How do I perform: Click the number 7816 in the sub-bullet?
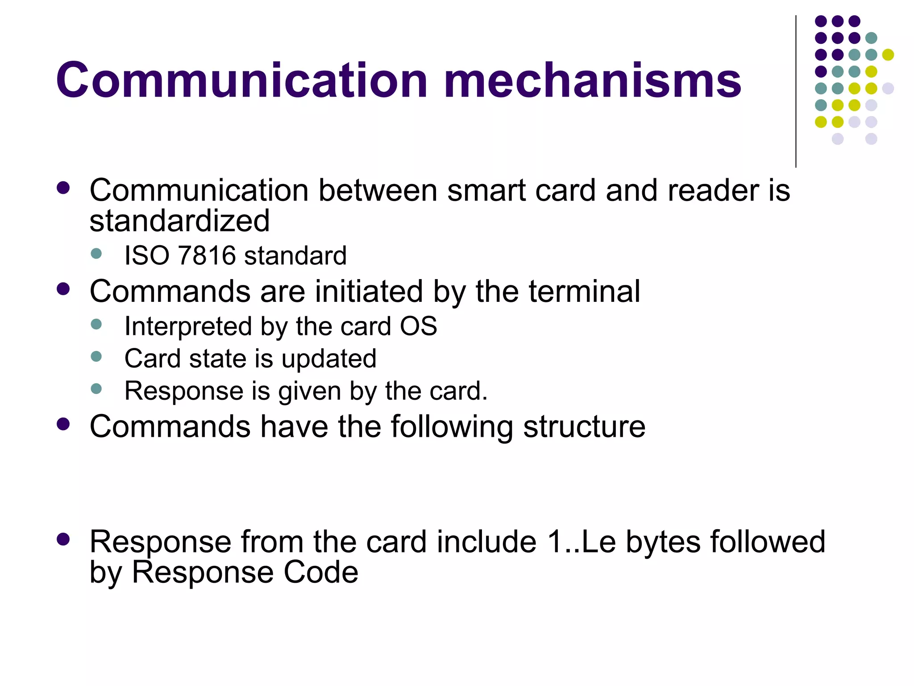[x=206, y=256]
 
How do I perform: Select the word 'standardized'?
[x=179, y=221]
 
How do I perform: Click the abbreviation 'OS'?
[x=418, y=326]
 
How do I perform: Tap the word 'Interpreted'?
[x=188, y=327]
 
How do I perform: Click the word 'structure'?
[x=584, y=427]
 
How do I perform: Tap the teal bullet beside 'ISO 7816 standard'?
[x=96, y=254]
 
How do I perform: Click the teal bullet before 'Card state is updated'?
[x=96, y=356]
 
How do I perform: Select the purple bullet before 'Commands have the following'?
[x=63, y=424]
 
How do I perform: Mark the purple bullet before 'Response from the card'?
[x=63, y=539]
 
